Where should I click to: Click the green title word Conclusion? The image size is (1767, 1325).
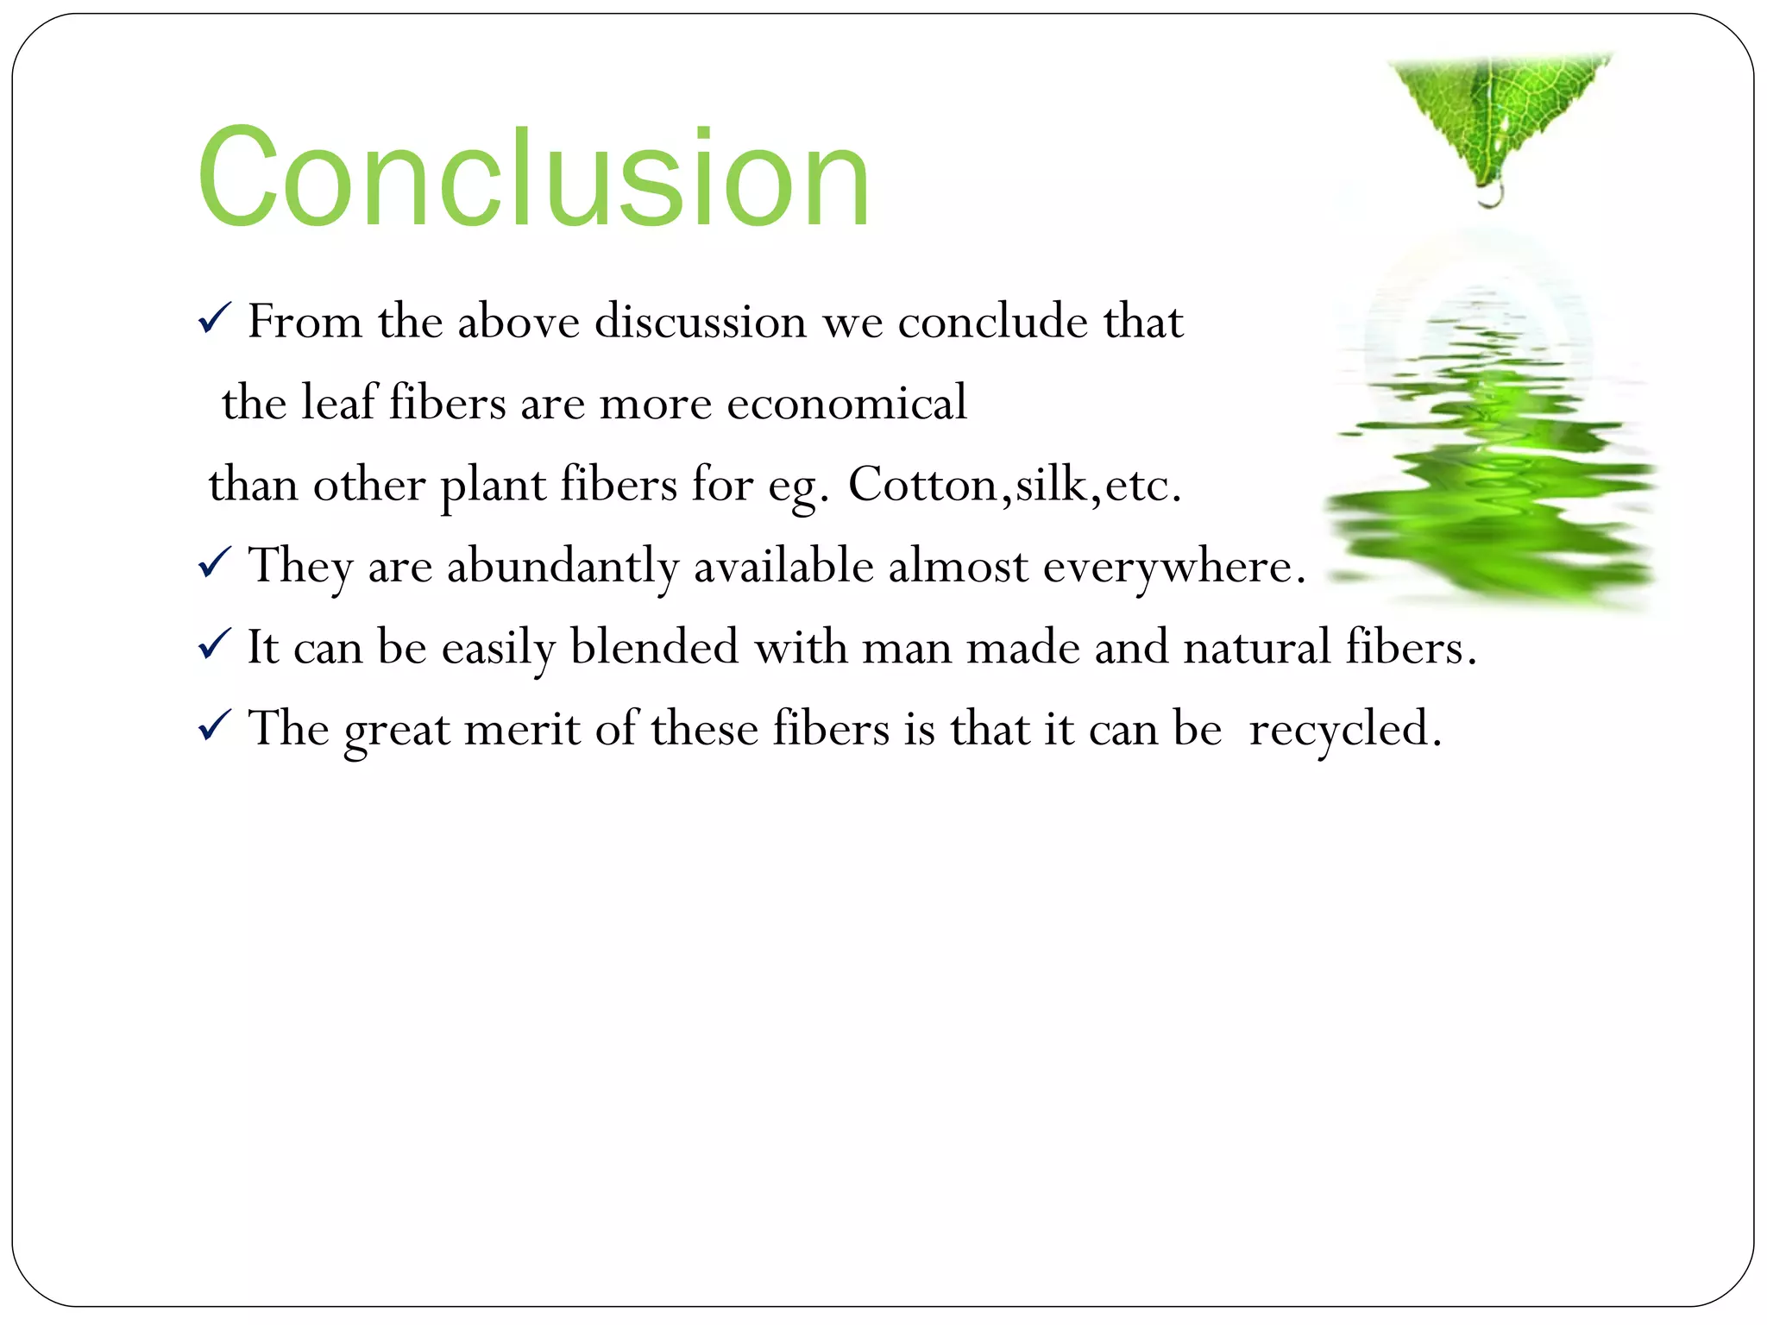[533, 179]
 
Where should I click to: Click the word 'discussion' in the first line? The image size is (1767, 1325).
[701, 321]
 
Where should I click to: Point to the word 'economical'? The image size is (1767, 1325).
[846, 403]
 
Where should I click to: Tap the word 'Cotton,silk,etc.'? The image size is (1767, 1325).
[1015, 484]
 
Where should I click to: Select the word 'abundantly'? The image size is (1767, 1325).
[563, 567]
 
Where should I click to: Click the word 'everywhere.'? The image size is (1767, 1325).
[1174, 567]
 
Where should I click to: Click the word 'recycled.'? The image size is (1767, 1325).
[1345, 729]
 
